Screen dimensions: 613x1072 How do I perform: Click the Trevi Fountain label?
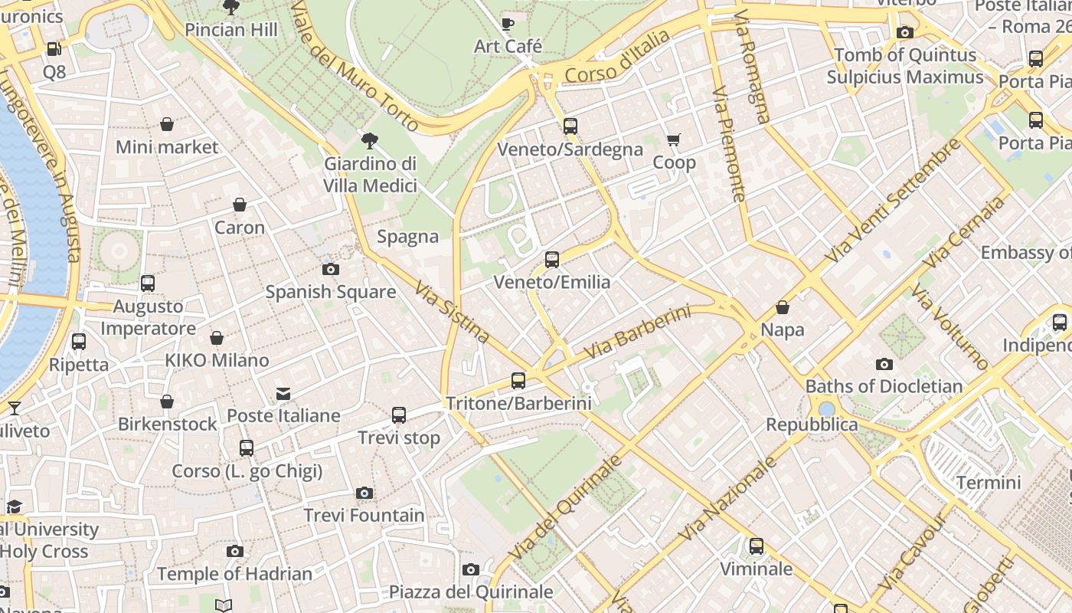coord(364,515)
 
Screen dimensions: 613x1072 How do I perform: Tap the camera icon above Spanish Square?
coord(331,269)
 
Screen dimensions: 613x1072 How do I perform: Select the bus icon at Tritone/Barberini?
coord(518,380)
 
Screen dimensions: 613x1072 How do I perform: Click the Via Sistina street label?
coord(452,312)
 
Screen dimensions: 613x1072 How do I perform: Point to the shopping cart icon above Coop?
coord(674,139)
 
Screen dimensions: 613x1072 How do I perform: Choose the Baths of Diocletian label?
coord(884,385)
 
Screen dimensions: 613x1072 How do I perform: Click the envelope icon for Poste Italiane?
coord(283,394)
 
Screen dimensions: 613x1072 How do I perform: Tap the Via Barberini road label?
coord(637,333)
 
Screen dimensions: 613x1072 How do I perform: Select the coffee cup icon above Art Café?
coord(508,24)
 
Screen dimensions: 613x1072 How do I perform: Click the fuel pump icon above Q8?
coord(54,49)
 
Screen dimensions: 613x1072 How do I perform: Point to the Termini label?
coord(989,483)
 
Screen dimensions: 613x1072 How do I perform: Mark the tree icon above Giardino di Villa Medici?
coord(370,140)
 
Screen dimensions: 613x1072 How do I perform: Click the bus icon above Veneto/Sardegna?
coord(570,126)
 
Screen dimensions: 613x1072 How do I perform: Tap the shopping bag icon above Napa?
coord(783,307)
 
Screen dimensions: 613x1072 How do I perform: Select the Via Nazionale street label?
coord(727,499)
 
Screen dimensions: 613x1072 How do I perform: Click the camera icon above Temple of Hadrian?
coord(235,551)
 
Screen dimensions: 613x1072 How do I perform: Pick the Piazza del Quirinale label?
coord(471,592)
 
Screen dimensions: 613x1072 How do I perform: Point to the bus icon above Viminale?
coord(757,546)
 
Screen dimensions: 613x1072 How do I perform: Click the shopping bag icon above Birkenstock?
coord(167,402)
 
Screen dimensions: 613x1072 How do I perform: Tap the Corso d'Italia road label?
coord(617,56)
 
